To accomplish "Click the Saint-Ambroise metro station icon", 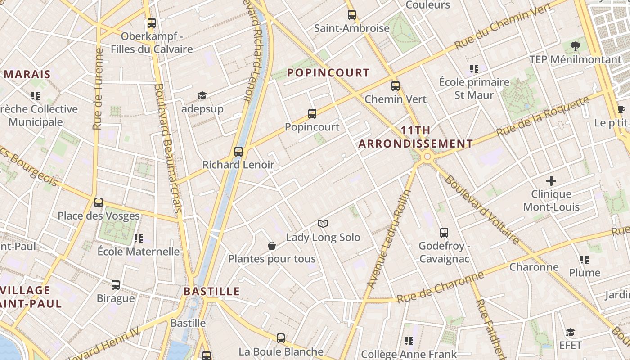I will (x=352, y=15).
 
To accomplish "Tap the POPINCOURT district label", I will (x=328, y=72).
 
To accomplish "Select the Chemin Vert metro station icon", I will (x=396, y=85).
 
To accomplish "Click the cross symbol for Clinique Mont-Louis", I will (x=551, y=181).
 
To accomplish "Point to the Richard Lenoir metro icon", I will (x=238, y=151).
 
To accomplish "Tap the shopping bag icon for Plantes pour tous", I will (x=272, y=246).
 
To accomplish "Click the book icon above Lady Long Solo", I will (x=323, y=224).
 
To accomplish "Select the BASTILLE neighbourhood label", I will (x=211, y=291).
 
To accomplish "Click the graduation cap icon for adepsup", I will (x=202, y=95).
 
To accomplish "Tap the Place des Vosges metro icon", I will (x=99, y=202).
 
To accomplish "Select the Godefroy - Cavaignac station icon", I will (x=444, y=233).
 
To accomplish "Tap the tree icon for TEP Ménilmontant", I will (x=575, y=45).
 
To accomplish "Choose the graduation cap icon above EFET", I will (x=571, y=332).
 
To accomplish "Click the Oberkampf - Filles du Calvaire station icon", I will (x=152, y=22).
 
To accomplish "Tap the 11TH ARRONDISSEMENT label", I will (x=415, y=137).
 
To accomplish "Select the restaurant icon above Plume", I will (x=585, y=259).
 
